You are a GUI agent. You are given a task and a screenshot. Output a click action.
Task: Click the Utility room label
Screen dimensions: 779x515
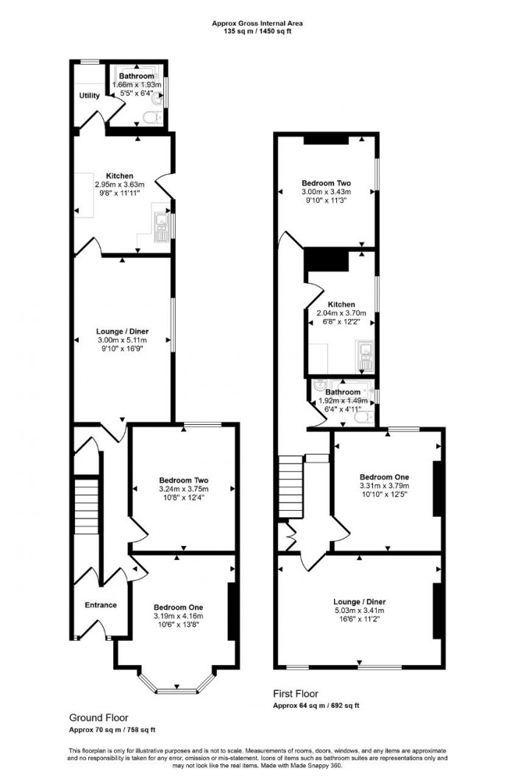[90, 96]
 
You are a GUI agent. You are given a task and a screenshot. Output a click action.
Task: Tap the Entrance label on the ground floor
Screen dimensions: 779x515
[101, 605]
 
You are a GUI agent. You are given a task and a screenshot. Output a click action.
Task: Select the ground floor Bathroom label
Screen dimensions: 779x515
[137, 76]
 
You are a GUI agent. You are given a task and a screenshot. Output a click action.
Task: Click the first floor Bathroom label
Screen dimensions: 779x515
[343, 392]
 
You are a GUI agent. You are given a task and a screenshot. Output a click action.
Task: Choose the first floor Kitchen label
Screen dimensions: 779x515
[341, 304]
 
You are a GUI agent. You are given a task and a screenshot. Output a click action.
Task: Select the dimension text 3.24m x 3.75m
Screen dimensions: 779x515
[183, 489]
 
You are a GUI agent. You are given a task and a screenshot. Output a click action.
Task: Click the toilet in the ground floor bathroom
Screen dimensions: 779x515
[152, 117]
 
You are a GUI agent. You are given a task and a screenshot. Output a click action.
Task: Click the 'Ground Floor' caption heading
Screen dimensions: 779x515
[99, 717]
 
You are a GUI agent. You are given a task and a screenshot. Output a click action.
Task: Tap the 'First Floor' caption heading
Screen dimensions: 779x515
[293, 694]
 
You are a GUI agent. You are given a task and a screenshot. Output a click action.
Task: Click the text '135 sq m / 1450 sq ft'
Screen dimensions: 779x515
[257, 32]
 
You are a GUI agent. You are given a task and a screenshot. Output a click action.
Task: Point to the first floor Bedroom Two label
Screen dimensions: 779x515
[326, 183]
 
